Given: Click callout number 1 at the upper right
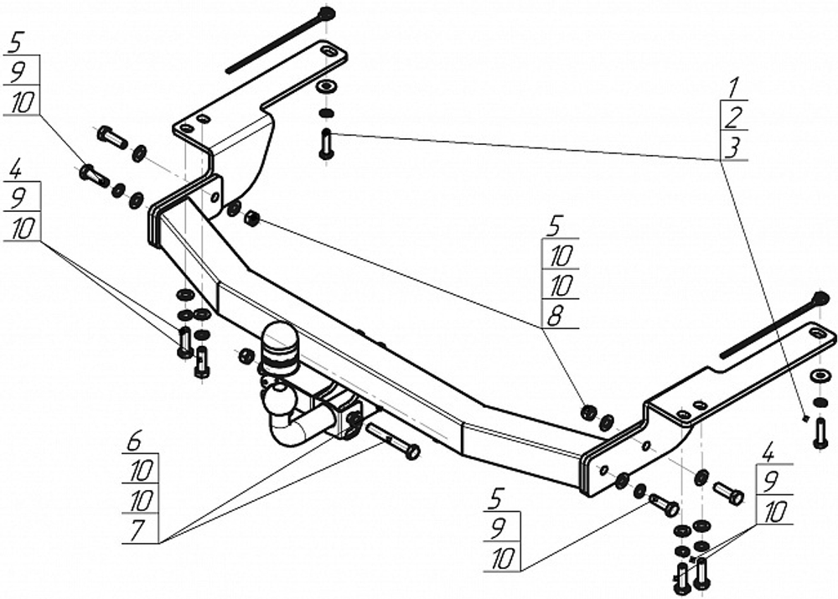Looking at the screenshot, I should [x=733, y=87].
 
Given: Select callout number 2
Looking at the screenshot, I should [x=733, y=117].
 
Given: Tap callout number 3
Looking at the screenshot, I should [x=733, y=148].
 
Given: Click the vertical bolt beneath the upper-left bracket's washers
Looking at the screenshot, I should [x=326, y=144].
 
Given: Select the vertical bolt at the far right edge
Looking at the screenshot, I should [x=820, y=431].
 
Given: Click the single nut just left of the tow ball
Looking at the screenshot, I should [x=246, y=356].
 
